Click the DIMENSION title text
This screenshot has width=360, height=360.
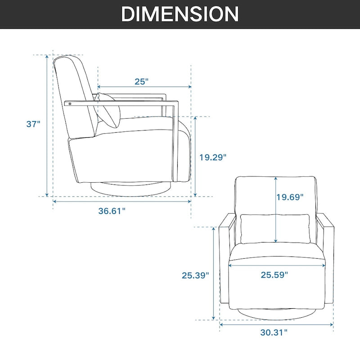[x=180, y=14]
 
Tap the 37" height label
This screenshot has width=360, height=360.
[x=33, y=124]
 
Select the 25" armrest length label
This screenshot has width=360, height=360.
[x=141, y=81]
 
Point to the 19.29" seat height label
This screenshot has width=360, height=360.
[x=213, y=157]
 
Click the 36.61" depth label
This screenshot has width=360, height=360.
[x=112, y=211]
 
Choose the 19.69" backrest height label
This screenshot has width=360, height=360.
[x=290, y=197]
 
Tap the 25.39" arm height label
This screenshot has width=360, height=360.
[x=195, y=275]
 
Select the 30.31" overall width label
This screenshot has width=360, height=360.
[x=274, y=333]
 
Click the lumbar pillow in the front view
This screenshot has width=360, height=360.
[x=274, y=229]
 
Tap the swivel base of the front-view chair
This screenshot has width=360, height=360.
[x=277, y=313]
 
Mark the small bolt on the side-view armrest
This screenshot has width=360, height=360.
[x=70, y=103]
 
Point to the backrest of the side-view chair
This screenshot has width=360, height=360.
[x=74, y=94]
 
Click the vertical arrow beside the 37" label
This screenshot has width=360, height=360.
[x=46, y=126]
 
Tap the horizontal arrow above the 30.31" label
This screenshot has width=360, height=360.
[x=277, y=323]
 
